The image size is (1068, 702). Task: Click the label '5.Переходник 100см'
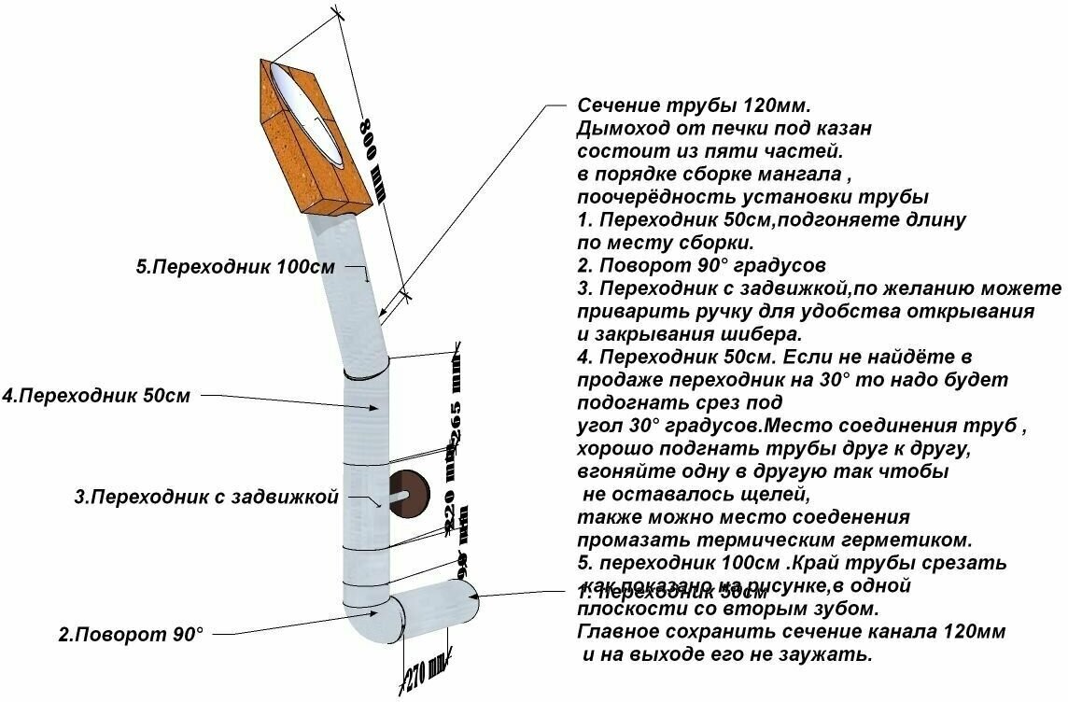pos(235,267)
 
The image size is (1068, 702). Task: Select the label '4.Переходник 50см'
pos(96,396)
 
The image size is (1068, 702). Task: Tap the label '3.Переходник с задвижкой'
pos(205,498)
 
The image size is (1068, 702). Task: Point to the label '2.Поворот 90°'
pos(130,635)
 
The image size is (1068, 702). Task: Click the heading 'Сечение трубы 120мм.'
pos(701,105)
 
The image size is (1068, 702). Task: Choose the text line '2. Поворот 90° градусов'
pos(701,265)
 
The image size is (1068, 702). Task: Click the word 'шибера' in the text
pos(765,333)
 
